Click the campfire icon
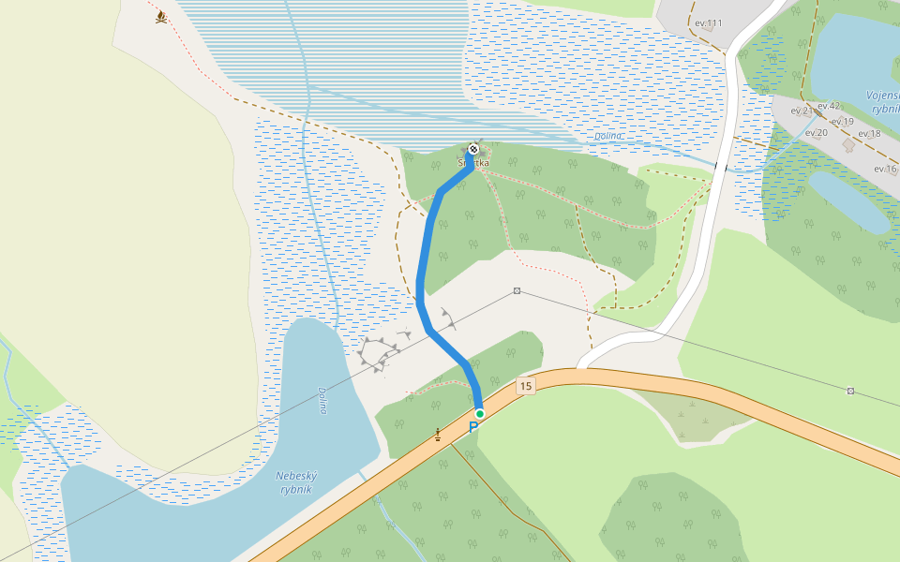click(x=161, y=17)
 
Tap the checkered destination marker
click(x=474, y=149)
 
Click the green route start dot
click(x=479, y=413)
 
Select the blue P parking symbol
click(x=473, y=427)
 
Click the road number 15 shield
click(x=525, y=386)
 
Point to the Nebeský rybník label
click(x=293, y=482)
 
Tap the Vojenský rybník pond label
click(x=884, y=102)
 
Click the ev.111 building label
click(x=708, y=22)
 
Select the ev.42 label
click(x=829, y=106)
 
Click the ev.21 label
click(x=802, y=111)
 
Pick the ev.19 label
click(x=842, y=122)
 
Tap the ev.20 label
click(x=816, y=133)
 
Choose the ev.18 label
click(x=869, y=134)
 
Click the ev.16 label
click(x=885, y=169)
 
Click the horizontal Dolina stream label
click(x=608, y=136)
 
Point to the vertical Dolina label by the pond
click(x=322, y=401)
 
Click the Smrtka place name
click(x=473, y=163)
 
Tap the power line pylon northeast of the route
click(x=517, y=291)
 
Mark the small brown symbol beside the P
click(x=438, y=434)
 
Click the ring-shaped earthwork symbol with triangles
click(x=379, y=353)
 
